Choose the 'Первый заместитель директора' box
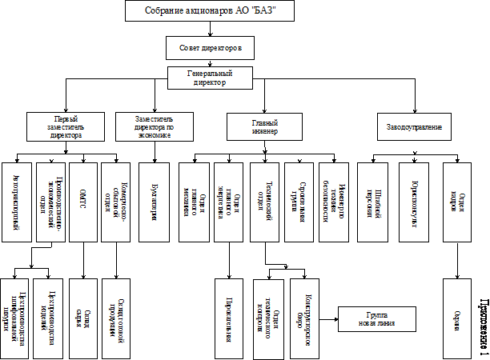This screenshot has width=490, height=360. click(x=65, y=127)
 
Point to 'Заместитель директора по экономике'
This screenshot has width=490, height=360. click(x=153, y=127)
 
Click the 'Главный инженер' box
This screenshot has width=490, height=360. click(x=264, y=127)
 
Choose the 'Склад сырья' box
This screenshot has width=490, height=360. click(x=82, y=314)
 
